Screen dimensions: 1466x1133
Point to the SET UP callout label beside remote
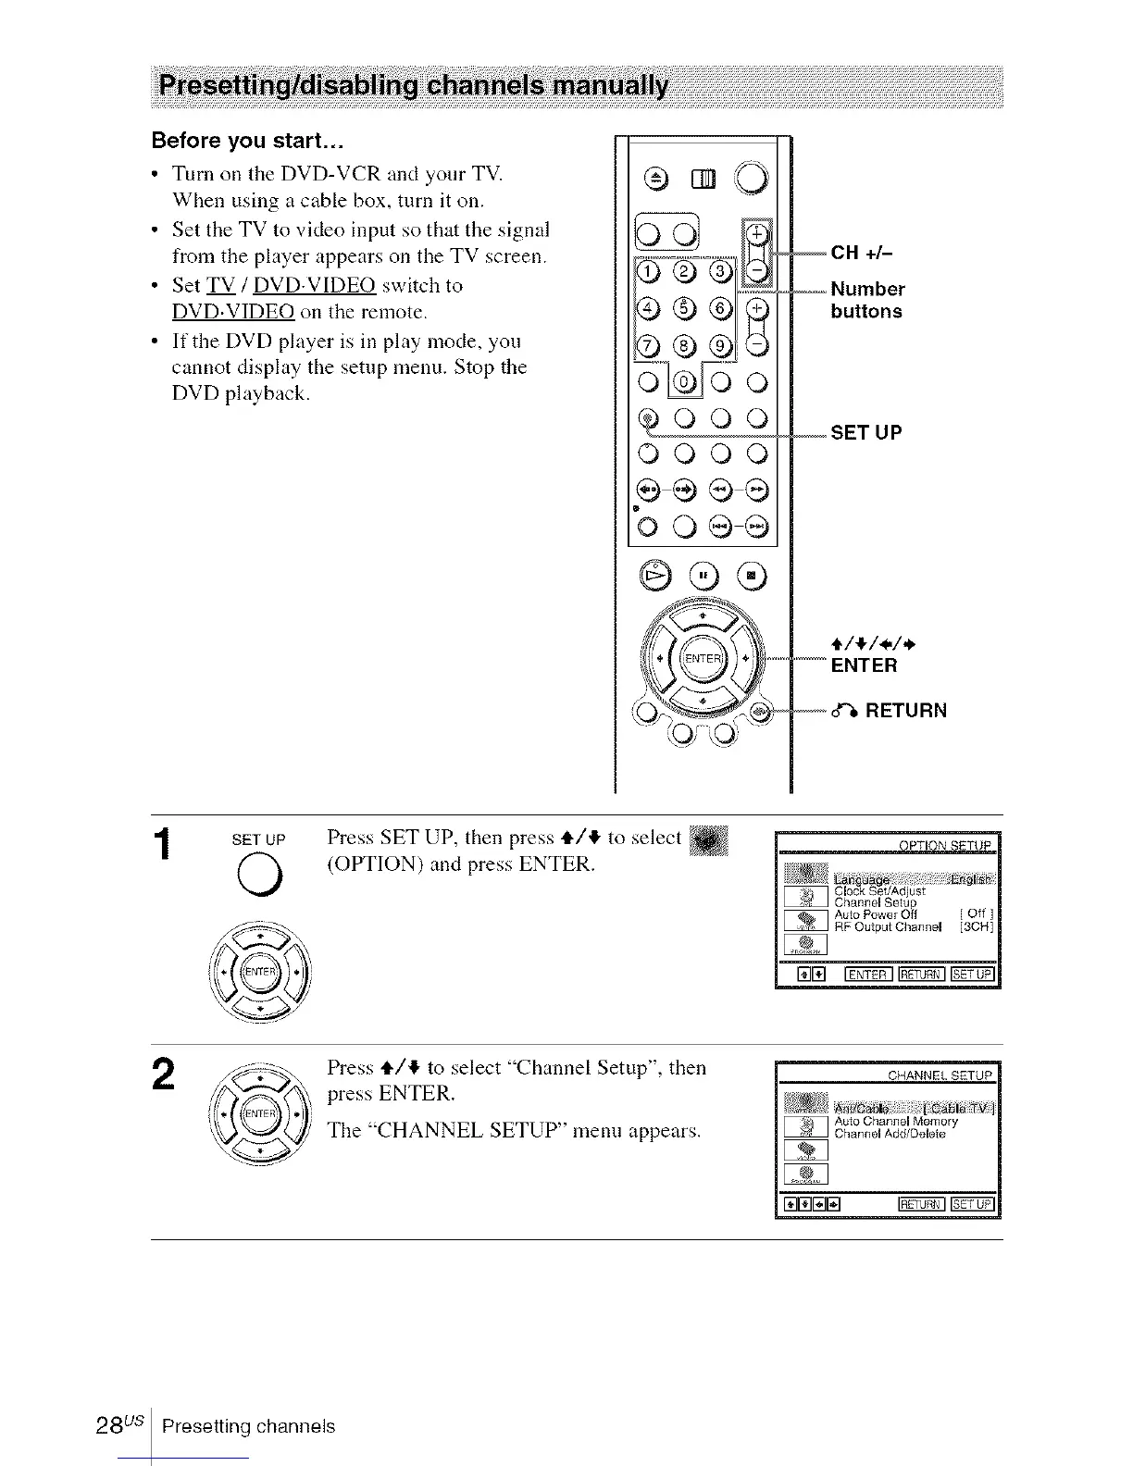[865, 432]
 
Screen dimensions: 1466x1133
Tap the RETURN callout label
[894, 711]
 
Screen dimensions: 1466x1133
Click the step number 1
[163, 846]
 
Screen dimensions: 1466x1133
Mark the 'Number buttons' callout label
[866, 300]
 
